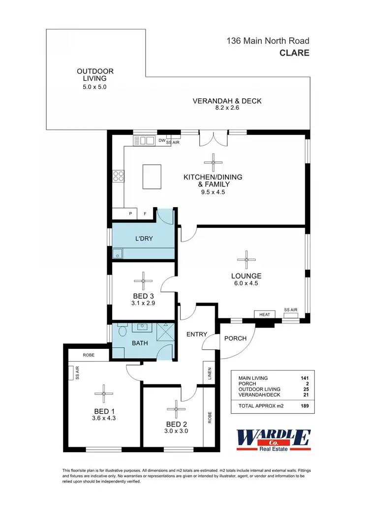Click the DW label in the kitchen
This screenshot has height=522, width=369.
pos(161,141)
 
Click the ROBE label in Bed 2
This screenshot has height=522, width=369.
pos(209,417)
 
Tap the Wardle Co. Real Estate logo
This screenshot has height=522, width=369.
pos(274,439)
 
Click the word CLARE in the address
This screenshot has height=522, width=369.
pos(294,53)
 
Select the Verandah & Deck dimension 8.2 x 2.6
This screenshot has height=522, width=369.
pos(227,109)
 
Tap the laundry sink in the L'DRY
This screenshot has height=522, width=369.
pos(117,254)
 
